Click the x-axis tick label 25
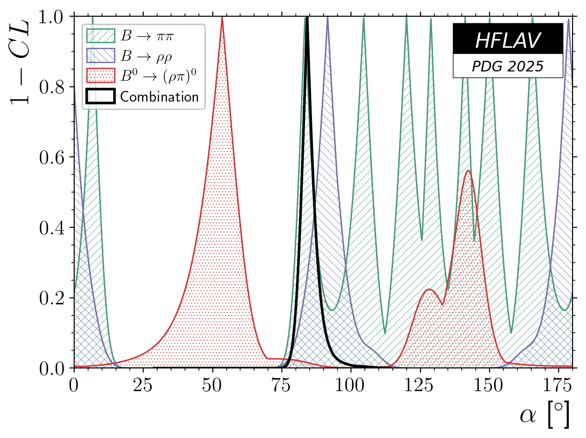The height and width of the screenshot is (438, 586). (x=143, y=386)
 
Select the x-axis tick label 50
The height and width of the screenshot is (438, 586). (x=212, y=386)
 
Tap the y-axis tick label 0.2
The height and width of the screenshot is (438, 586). (x=52, y=298)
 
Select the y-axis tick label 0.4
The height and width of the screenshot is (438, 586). (x=52, y=228)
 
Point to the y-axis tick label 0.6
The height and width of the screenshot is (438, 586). (x=52, y=157)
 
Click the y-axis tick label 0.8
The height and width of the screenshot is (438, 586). (x=52, y=87)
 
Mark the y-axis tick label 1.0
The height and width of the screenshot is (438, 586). (x=52, y=17)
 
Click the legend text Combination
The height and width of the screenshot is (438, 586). (x=159, y=97)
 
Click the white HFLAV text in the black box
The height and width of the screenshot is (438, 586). (x=508, y=41)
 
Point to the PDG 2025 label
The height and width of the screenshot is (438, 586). (x=508, y=66)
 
